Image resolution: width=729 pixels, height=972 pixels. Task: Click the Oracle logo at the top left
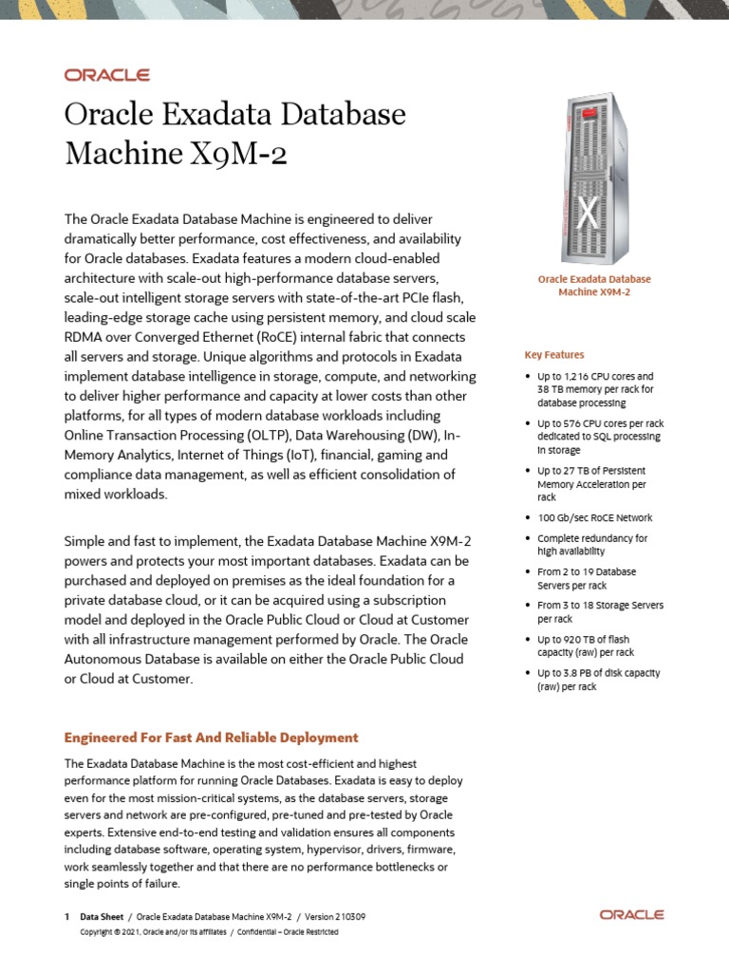pyautogui.click(x=106, y=75)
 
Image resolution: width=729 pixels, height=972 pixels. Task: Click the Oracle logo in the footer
pyautogui.click(x=631, y=915)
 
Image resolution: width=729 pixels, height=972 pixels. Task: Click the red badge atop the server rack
pyautogui.click(x=595, y=112)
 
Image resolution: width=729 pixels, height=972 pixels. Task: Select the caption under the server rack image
pyautogui.click(x=594, y=286)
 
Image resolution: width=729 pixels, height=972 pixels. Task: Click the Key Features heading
pyautogui.click(x=554, y=355)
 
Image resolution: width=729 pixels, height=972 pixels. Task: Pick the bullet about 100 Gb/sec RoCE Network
pyautogui.click(x=594, y=518)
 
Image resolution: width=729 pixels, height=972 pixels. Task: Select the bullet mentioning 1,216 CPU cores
pyautogui.click(x=595, y=389)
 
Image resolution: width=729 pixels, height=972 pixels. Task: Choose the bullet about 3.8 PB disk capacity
pyautogui.click(x=598, y=680)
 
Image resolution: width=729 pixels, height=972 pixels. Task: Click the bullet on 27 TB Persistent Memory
pyautogui.click(x=591, y=484)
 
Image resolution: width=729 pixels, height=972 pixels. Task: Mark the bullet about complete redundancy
pyautogui.click(x=592, y=545)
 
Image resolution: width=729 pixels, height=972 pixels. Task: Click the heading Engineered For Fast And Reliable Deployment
pyautogui.click(x=211, y=738)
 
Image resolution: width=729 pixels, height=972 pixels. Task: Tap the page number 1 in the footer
pyautogui.click(x=66, y=917)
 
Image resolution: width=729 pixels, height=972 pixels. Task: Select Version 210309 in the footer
pyautogui.click(x=336, y=917)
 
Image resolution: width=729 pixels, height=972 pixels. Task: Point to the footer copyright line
pyautogui.click(x=209, y=932)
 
